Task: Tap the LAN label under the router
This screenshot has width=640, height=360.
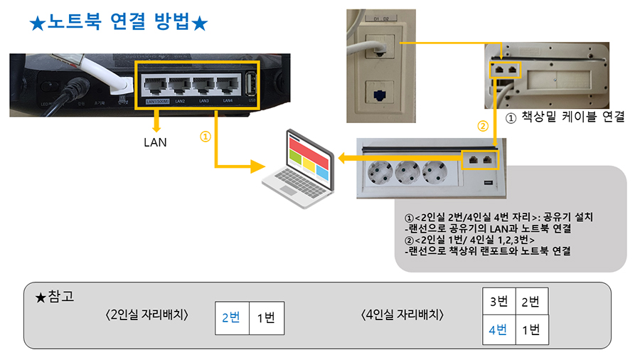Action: (154, 142)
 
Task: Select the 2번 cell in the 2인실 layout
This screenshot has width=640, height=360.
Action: (231, 317)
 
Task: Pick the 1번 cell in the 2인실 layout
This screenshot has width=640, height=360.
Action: (265, 317)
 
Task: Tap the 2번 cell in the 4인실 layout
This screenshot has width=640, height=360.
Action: (530, 301)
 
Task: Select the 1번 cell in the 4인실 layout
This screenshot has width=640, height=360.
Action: (530, 330)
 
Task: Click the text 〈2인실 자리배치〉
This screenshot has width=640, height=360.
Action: (146, 315)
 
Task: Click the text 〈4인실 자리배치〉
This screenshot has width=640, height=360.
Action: (402, 315)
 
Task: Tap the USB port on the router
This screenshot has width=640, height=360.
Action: (250, 86)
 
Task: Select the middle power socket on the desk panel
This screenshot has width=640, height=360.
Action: (407, 174)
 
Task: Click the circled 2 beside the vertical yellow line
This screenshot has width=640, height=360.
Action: (484, 127)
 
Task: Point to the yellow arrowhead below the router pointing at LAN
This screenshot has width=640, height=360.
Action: (154, 125)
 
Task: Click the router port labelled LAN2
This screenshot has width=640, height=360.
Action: (179, 87)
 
